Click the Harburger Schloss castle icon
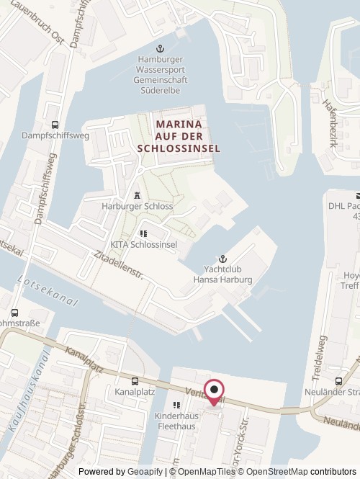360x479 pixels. click(137, 194)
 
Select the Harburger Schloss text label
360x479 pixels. click(137, 207)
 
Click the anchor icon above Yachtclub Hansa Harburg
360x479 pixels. click(222, 258)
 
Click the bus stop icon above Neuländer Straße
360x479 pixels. click(339, 381)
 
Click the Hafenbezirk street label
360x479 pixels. click(338, 123)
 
